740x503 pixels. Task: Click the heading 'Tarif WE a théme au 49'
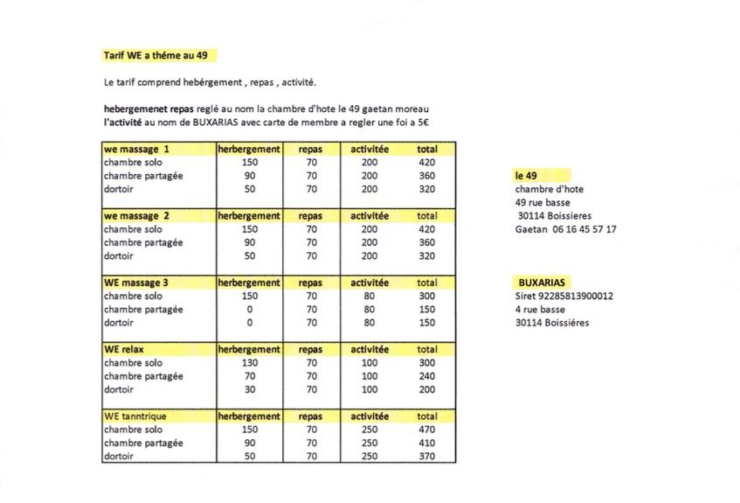tap(155, 55)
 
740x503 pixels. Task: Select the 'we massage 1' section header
tap(136, 150)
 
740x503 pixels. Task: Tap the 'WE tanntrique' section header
tap(138, 416)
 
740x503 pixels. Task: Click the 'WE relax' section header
tap(124, 350)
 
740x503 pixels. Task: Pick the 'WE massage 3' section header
tap(136, 283)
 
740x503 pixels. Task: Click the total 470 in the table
tap(426, 430)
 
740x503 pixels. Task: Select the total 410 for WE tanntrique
tap(426, 444)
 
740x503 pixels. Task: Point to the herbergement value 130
tap(251, 363)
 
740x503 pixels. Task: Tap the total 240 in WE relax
tap(426, 376)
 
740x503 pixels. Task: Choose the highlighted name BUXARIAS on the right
tap(542, 283)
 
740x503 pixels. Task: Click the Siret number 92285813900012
tap(564, 296)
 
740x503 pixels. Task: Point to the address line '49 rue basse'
tap(543, 203)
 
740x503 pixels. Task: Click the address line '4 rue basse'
tap(540, 310)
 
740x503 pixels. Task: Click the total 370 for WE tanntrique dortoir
tap(426, 457)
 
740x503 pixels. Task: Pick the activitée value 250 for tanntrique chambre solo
tap(370, 430)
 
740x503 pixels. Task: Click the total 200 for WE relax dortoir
tap(426, 389)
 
